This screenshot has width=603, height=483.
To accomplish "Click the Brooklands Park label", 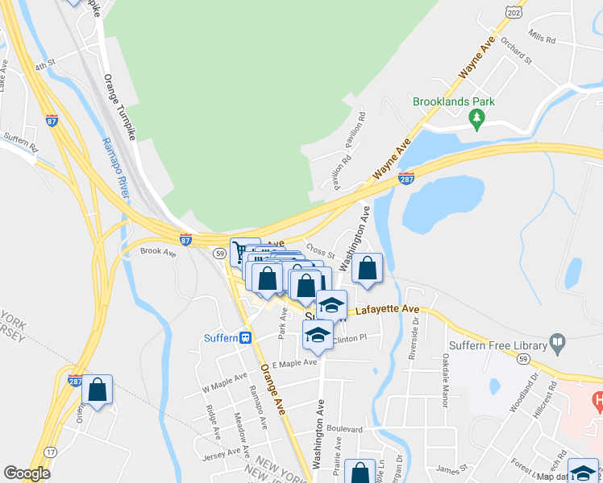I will coord(453,102).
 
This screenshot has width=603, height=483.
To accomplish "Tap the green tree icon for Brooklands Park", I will coord(476,119).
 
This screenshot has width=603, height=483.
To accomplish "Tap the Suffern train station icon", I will coord(245,338).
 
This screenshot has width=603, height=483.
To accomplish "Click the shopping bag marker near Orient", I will coord(97,390).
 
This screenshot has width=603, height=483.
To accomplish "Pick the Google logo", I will coord(27,473).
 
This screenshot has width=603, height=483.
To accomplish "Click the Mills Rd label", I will coord(540,37).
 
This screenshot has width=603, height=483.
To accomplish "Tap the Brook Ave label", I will coord(157,252).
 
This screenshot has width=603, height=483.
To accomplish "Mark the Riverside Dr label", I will coord(414,332).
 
